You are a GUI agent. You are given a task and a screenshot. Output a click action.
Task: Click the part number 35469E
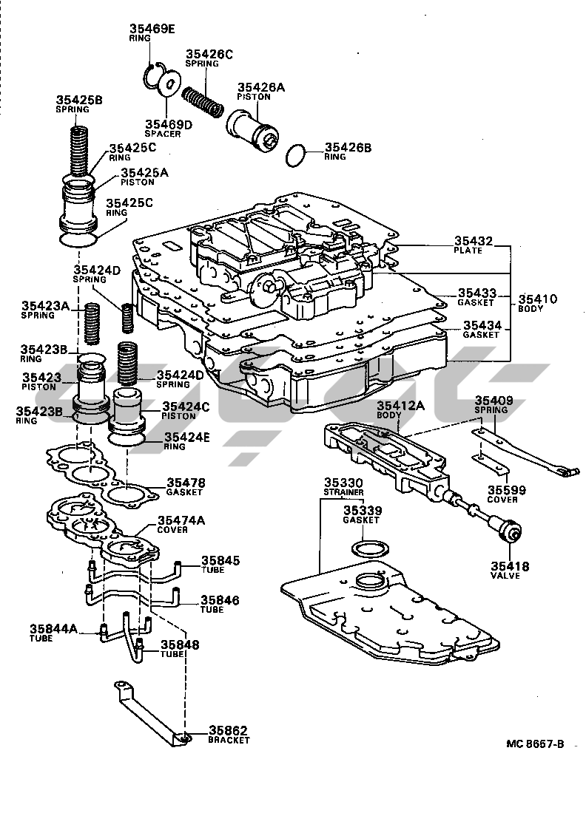click(x=152, y=29)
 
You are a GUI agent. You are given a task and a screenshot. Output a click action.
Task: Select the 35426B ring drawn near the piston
click(x=296, y=155)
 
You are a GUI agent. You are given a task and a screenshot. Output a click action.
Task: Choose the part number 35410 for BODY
click(x=538, y=299)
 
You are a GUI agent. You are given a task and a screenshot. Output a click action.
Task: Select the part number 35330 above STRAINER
click(x=343, y=483)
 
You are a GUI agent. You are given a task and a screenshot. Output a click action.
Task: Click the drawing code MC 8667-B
click(x=535, y=744)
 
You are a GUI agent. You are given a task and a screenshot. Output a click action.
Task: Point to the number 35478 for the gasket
click(x=186, y=482)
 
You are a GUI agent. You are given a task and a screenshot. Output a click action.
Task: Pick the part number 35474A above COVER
click(x=181, y=520)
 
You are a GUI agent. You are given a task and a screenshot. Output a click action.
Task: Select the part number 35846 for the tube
click(x=220, y=600)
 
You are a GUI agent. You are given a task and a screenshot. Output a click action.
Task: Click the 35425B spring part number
click(x=79, y=100)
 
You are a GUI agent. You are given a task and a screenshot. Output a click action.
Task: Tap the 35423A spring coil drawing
click(x=92, y=324)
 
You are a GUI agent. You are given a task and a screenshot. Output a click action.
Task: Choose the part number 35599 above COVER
click(x=507, y=490)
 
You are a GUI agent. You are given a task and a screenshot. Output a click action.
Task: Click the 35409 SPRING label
click(x=494, y=404)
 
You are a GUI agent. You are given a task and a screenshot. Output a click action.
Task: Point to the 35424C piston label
click(x=186, y=411)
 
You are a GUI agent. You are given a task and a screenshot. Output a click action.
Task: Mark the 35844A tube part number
click(x=53, y=629)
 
